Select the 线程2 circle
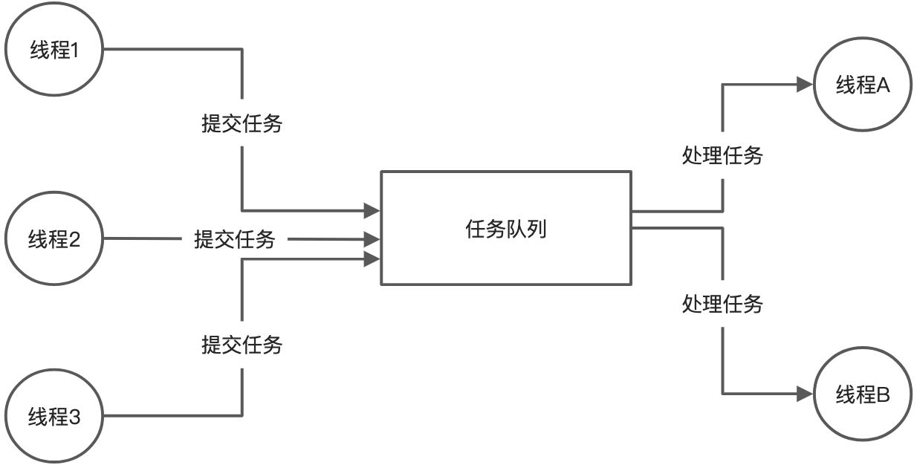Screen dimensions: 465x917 54,240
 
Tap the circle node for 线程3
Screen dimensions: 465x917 54,414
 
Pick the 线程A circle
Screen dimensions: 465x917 863,85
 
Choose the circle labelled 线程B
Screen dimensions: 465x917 863,394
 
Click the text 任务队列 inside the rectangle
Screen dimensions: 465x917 505,229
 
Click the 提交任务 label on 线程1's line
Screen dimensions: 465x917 242,123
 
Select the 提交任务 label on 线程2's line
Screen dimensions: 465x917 235,239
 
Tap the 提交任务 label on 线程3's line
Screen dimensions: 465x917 242,345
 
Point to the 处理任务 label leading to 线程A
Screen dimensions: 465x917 722,156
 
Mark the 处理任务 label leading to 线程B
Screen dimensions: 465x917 722,304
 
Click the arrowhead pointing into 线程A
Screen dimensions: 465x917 803,85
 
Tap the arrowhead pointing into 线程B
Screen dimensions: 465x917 803,393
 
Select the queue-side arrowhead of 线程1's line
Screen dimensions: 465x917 372,211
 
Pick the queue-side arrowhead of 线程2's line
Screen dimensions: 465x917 372,239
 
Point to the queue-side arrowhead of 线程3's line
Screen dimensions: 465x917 372,258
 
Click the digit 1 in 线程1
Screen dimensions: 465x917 74,52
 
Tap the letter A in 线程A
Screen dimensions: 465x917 883,85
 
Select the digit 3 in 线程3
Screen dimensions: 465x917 74,415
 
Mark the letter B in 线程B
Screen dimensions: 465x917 883,394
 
